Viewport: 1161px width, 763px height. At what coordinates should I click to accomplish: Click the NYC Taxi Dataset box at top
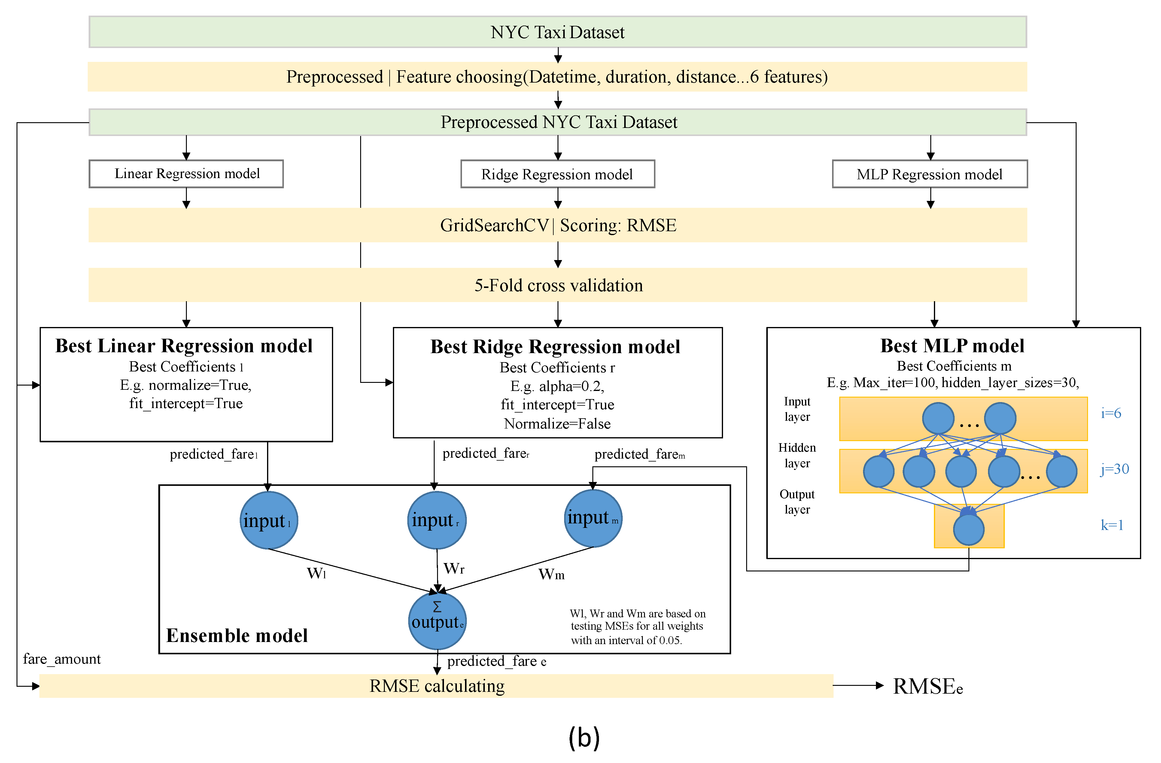point(557,32)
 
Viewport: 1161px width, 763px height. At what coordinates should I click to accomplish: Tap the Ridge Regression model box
point(557,174)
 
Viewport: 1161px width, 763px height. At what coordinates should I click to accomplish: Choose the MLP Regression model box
point(929,174)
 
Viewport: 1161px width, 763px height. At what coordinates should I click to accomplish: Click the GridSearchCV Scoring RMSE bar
point(557,225)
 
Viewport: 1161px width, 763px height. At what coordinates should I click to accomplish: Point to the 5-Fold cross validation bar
point(557,285)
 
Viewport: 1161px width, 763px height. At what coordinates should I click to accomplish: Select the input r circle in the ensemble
point(436,520)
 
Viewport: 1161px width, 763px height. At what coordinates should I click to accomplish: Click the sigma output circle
point(437,620)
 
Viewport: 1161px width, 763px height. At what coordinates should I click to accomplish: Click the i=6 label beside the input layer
point(1111,413)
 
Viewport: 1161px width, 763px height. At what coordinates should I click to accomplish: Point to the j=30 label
point(1114,469)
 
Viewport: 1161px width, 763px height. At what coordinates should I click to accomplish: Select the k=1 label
point(1112,525)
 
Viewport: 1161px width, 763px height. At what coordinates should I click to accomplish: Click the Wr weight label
point(454,568)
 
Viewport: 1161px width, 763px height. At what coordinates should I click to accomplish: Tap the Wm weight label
point(551,574)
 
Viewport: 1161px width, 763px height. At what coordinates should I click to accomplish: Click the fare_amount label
point(62,659)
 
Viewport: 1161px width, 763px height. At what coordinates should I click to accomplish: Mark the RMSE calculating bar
point(436,686)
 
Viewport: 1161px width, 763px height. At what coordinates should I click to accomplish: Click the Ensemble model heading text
point(237,636)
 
